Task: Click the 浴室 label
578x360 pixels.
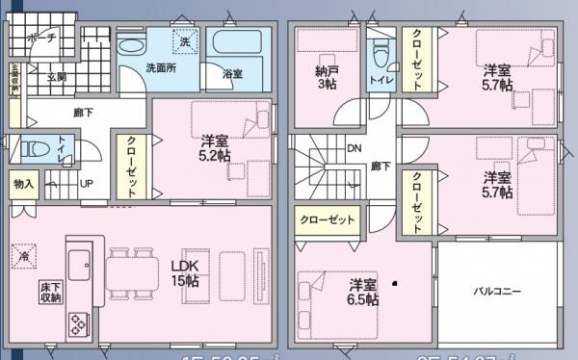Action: point(232,74)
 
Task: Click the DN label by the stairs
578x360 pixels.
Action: point(354,149)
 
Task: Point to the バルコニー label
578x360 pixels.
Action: point(496,289)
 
